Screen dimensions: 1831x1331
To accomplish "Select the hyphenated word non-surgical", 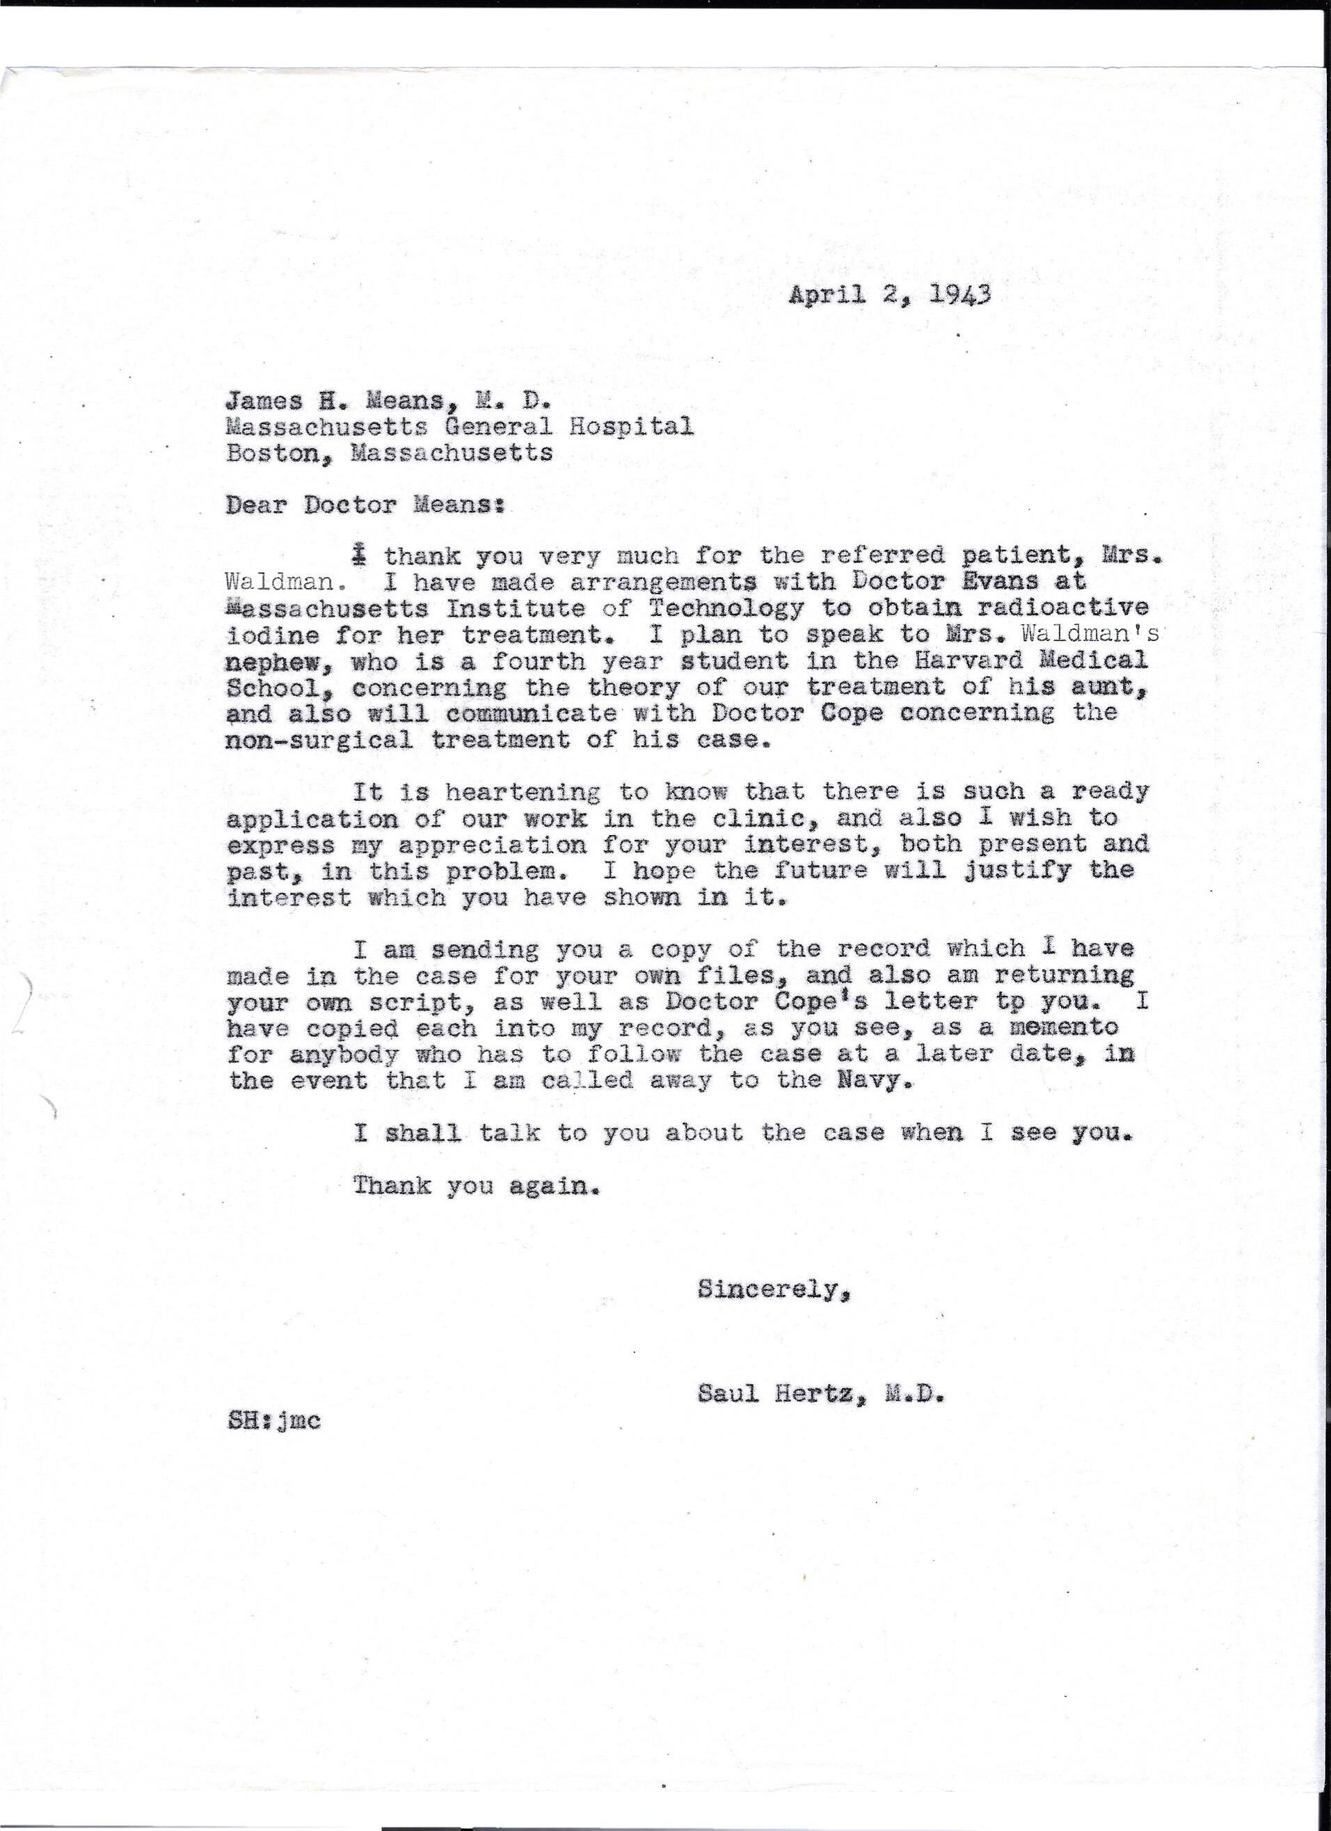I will [x=319, y=740].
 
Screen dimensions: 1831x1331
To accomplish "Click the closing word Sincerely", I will [x=772, y=1290].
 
